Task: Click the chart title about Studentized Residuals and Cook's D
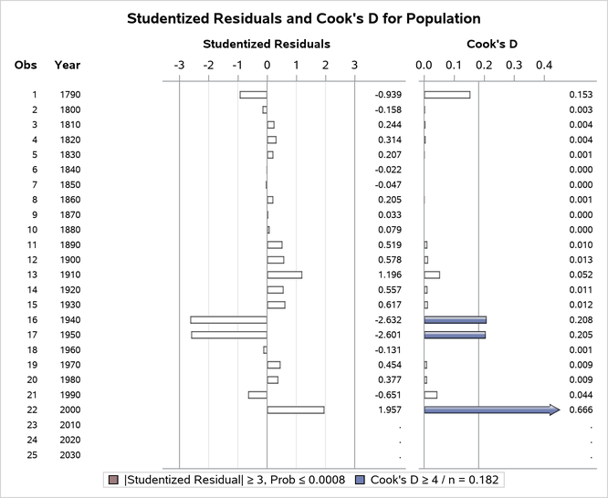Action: click(303, 18)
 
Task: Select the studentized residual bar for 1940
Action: click(228, 320)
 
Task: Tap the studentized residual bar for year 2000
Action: click(296, 410)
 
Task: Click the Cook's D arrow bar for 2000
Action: click(491, 410)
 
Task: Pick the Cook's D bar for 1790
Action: click(447, 94)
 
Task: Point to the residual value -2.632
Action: click(389, 320)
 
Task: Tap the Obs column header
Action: click(26, 65)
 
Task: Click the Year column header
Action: click(67, 65)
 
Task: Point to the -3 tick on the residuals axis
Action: click(179, 65)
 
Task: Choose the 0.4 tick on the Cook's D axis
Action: click(544, 65)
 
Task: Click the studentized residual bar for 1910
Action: click(284, 275)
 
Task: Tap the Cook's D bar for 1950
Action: click(455, 335)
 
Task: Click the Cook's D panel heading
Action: click(484, 43)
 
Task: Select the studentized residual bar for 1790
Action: click(253, 94)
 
